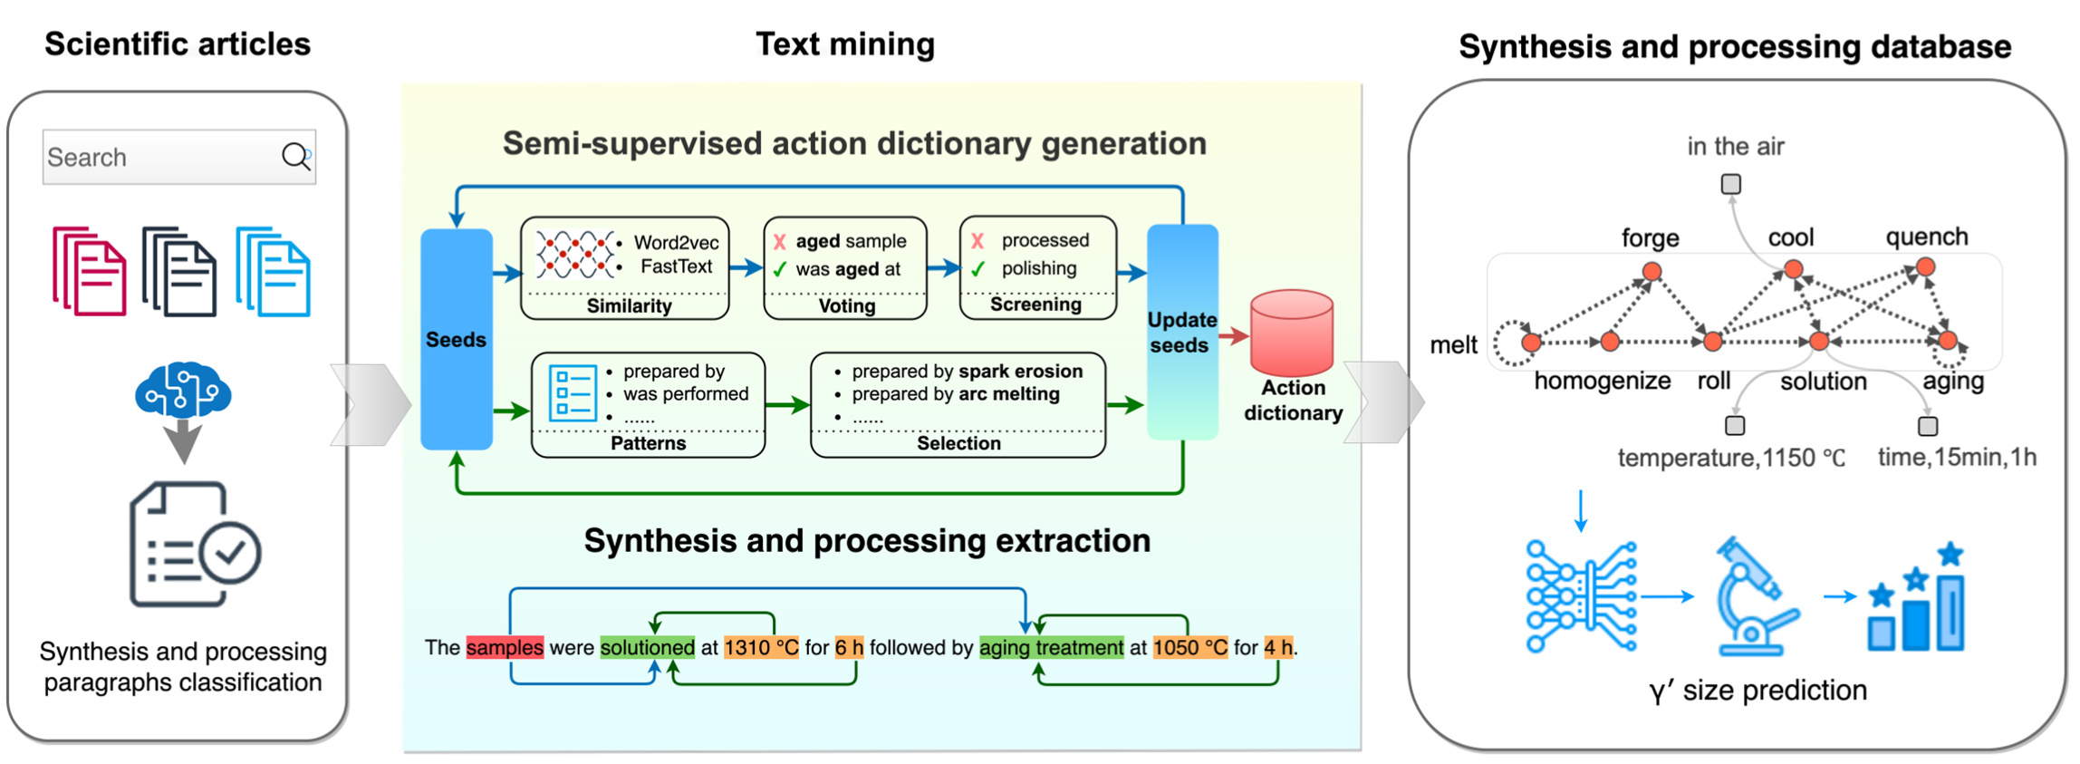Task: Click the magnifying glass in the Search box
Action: pos(295,157)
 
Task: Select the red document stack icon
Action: pos(89,271)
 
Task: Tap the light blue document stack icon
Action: pos(273,271)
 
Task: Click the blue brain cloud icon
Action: pos(183,390)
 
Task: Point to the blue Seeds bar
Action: pos(457,339)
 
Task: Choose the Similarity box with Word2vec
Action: pos(625,266)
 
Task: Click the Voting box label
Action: pos(846,306)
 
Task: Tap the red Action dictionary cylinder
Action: pos(1291,332)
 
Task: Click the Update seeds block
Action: pos(1181,332)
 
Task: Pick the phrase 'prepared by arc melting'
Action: pos(955,394)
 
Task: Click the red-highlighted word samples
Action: pos(505,647)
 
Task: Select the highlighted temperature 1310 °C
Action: pos(761,647)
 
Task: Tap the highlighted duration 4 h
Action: pos(1278,647)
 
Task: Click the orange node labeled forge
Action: pos(1651,271)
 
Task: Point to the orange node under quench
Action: pos(1925,267)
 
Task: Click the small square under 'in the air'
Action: pos(1730,184)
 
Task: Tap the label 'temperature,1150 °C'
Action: pos(1730,458)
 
